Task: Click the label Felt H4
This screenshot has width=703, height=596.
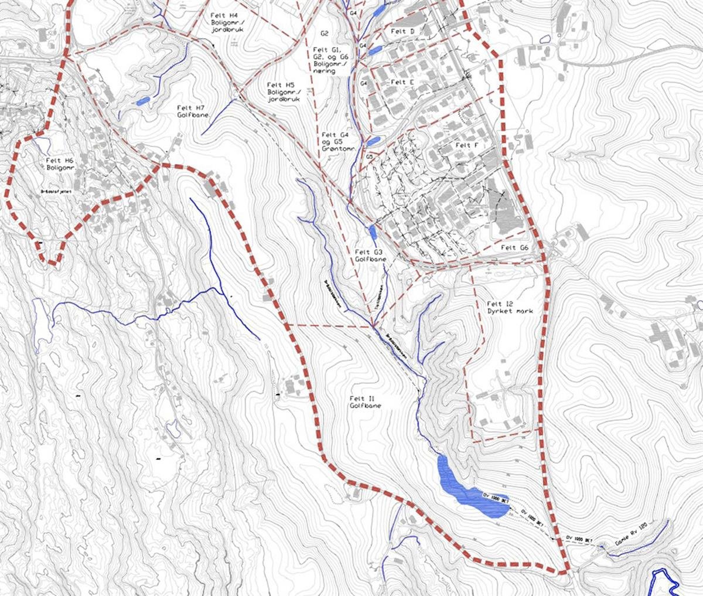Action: tap(225, 15)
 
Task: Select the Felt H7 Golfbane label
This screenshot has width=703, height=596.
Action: tap(191, 108)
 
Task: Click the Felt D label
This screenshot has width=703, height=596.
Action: tap(402, 31)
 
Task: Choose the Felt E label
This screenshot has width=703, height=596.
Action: tap(402, 82)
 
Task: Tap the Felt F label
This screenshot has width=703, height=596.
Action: tap(463, 145)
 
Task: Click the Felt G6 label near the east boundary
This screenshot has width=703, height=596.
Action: tap(515, 248)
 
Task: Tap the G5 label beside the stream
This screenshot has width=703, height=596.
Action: tap(369, 157)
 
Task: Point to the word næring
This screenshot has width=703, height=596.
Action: tap(325, 71)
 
